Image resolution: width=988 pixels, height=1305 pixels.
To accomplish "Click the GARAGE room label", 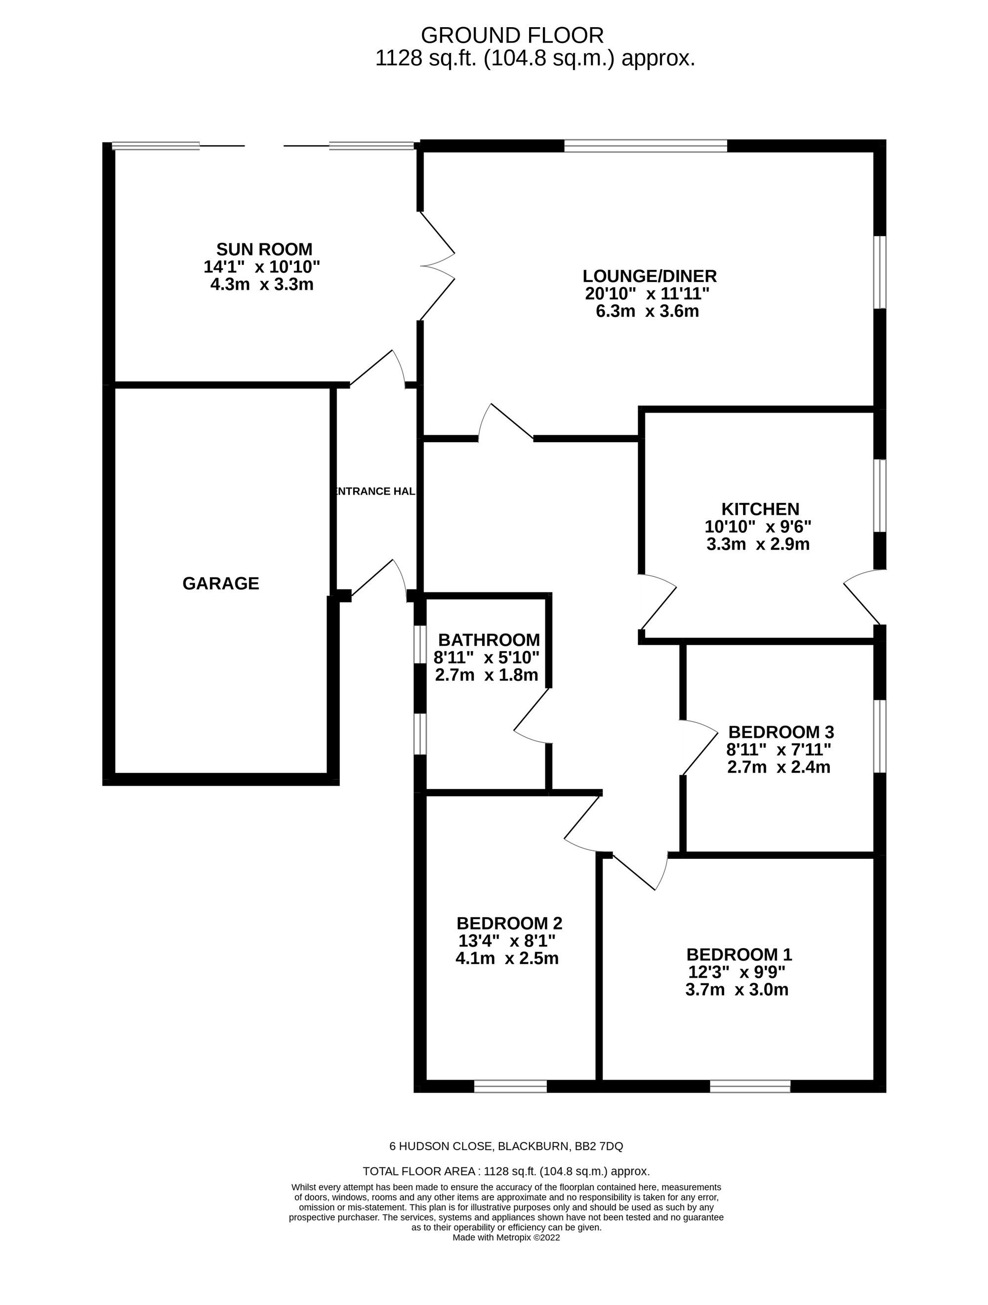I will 221,584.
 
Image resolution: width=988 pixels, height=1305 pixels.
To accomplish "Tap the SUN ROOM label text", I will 264,249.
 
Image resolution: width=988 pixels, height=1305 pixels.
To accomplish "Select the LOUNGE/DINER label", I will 650,276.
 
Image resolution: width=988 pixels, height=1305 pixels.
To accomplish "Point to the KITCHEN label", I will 760,508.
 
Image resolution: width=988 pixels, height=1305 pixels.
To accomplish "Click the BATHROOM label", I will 489,639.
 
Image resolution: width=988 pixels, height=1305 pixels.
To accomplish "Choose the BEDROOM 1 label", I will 739,954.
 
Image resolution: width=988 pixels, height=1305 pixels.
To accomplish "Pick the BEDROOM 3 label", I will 781,732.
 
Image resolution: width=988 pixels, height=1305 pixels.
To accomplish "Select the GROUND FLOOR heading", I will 512,36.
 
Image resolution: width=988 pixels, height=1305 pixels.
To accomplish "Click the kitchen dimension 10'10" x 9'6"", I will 758,526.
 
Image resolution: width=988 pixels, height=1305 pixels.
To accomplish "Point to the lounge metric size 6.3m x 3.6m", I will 647,311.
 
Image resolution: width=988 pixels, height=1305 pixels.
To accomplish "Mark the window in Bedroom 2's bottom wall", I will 510,1086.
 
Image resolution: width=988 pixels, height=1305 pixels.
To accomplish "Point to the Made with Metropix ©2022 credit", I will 506,1237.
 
